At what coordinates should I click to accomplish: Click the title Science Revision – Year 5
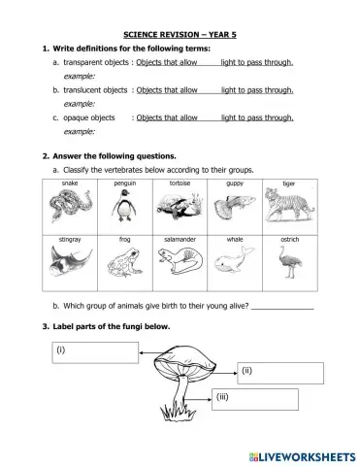pos(180,33)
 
